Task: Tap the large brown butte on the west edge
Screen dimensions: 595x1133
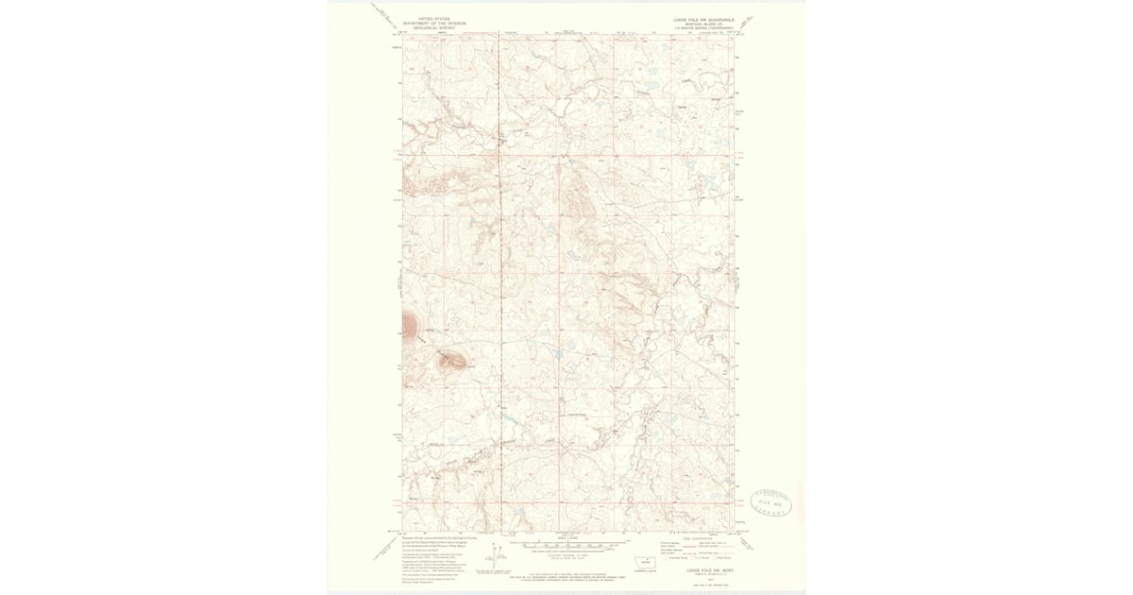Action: coord(409,326)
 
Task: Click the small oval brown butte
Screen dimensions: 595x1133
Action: coord(449,359)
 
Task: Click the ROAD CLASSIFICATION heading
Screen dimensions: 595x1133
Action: coord(698,538)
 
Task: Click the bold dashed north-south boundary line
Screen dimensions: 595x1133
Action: coord(498,283)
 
